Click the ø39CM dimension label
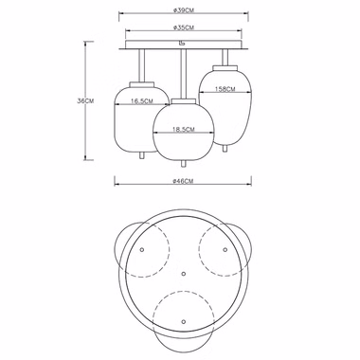click(x=183, y=10)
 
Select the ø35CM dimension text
click(x=184, y=27)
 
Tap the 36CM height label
click(x=85, y=101)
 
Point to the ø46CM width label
click(x=183, y=181)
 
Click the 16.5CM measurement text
click(x=142, y=101)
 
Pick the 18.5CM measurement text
click(x=184, y=129)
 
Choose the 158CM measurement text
click(x=225, y=89)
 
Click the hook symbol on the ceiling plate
click(x=182, y=44)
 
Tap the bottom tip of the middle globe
click(x=183, y=166)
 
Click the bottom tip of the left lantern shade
click(x=142, y=159)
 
